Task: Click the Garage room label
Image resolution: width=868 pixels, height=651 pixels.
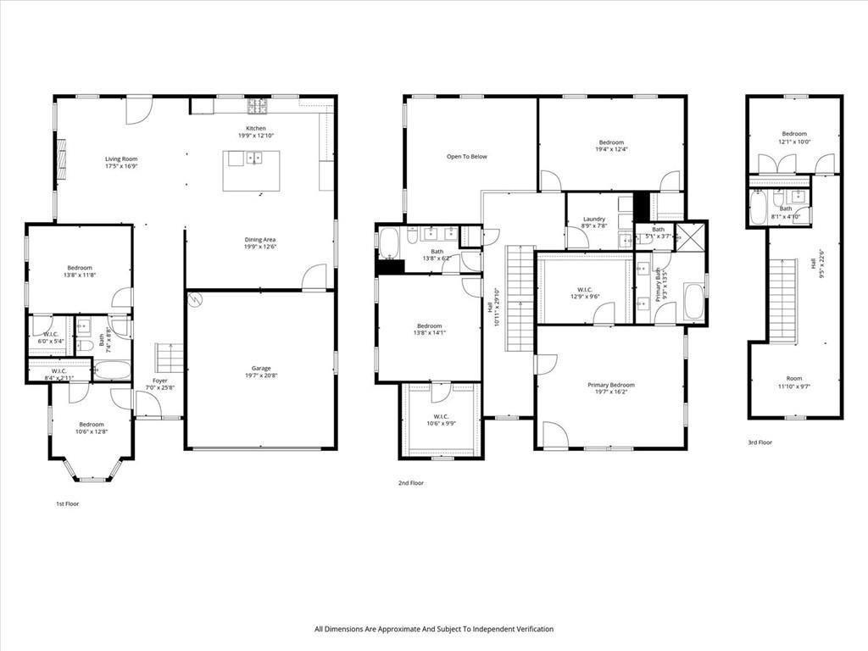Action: click(260, 372)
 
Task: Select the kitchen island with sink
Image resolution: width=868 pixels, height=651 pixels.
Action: click(251, 170)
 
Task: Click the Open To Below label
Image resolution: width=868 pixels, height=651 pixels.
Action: click(467, 157)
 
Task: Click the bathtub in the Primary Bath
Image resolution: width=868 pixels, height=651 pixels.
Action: click(693, 302)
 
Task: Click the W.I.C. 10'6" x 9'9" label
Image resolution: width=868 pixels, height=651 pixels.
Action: click(441, 420)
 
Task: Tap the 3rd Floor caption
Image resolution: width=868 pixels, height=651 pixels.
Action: click(759, 442)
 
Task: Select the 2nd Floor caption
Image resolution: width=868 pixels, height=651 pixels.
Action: click(410, 483)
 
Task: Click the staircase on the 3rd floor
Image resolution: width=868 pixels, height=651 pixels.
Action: click(783, 301)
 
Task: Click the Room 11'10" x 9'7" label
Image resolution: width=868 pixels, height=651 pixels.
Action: click(793, 382)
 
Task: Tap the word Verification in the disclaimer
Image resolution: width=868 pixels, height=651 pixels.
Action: click(531, 629)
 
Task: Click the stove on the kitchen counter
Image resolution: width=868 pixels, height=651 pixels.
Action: click(257, 107)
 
